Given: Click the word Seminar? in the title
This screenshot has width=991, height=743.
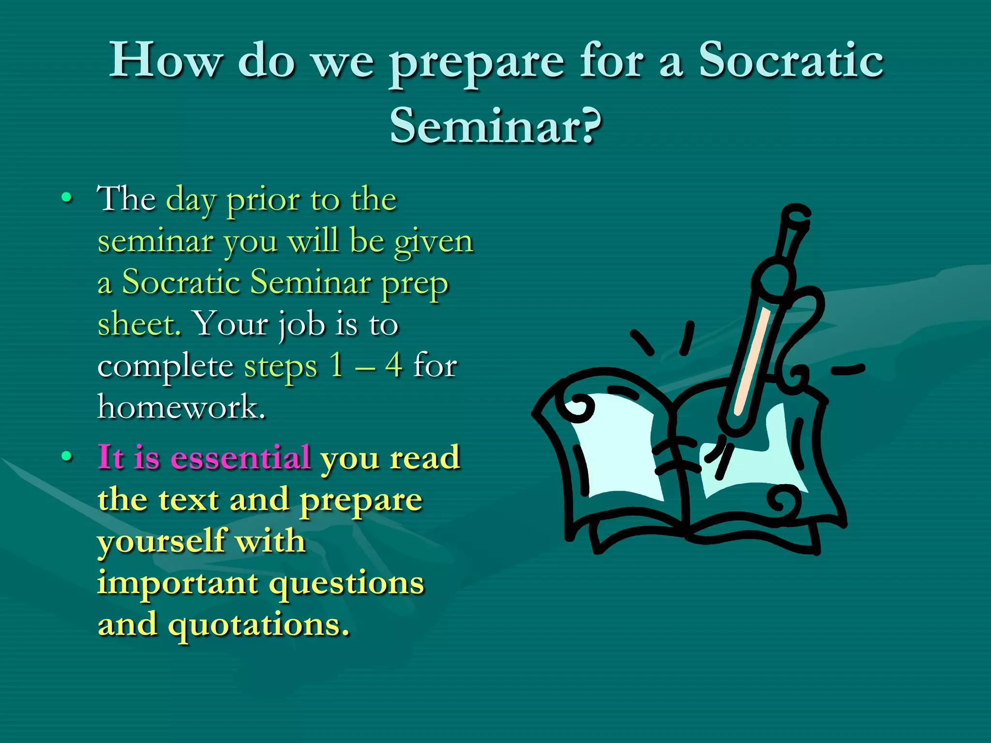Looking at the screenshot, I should coord(495,125).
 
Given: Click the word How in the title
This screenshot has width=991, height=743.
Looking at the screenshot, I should coord(165,60).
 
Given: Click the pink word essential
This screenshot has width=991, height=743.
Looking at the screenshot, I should coord(240,457).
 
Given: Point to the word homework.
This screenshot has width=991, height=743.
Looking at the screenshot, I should coord(181,407).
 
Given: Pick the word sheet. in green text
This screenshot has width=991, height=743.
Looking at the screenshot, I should coord(139,324).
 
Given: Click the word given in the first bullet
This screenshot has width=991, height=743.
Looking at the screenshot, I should coord(433,240).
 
